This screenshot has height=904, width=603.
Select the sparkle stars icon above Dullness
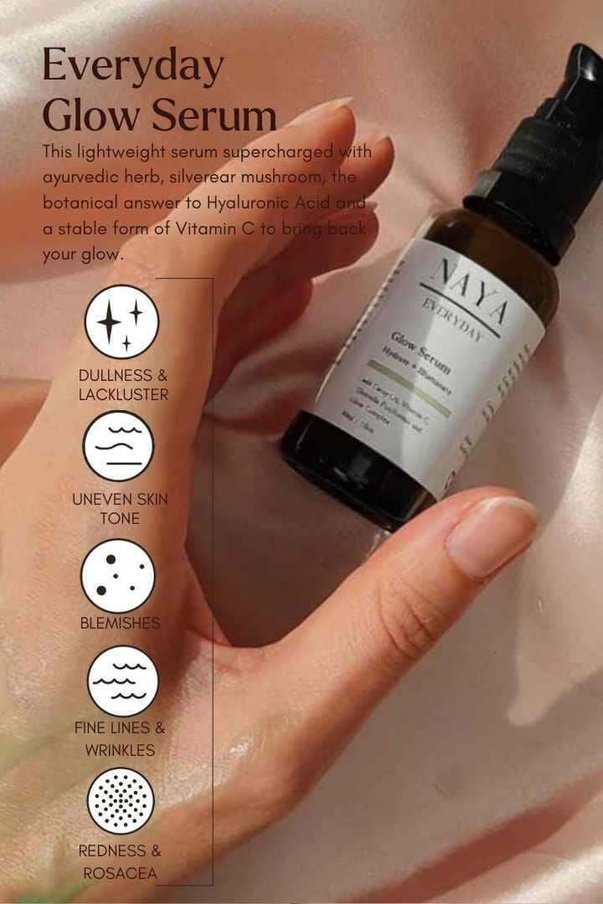click(121, 321)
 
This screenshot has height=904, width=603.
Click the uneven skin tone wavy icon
click(119, 445)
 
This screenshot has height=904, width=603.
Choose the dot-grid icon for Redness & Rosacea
click(121, 801)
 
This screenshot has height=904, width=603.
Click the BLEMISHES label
click(120, 624)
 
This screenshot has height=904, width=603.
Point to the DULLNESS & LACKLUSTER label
click(123, 384)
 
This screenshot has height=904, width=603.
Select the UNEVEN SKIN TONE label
click(120, 508)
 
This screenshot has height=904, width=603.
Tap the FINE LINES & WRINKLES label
click(120, 738)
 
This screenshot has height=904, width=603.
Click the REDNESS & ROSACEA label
click(120, 862)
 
